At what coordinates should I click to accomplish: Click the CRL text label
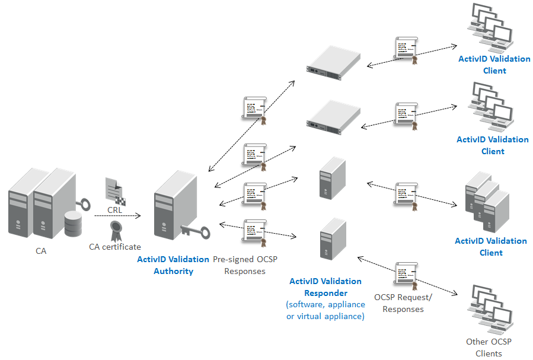[x=115, y=210]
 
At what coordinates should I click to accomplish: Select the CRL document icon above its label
[x=115, y=190]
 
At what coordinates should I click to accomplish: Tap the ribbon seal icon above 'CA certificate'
[x=115, y=231]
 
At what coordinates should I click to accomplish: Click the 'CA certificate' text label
[x=115, y=247]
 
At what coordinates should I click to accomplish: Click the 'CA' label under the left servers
[x=41, y=251]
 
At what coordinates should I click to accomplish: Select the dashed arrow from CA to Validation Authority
[x=117, y=216]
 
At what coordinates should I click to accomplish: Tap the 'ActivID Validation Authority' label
[x=173, y=265]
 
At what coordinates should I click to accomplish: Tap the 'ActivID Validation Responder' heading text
[x=325, y=287]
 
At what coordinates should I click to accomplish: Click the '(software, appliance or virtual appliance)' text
[x=325, y=310]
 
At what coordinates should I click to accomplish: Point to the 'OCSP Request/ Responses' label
[x=403, y=302]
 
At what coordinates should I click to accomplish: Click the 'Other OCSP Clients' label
[x=489, y=347]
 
